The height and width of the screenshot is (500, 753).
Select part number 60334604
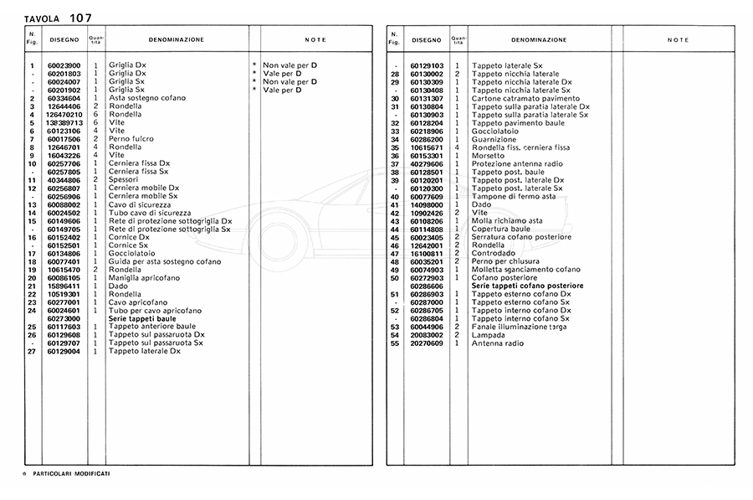click(x=64, y=99)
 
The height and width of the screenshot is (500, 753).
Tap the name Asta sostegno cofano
click(x=145, y=99)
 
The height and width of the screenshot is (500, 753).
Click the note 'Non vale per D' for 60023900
click(x=289, y=64)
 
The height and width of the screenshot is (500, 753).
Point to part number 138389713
click(x=64, y=122)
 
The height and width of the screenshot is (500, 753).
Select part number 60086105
click(x=64, y=277)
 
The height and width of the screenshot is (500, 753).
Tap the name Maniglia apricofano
click(x=145, y=277)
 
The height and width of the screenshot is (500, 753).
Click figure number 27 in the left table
click(x=32, y=351)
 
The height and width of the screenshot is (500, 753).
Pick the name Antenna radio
click(x=499, y=343)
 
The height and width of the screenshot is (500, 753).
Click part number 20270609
click(x=427, y=343)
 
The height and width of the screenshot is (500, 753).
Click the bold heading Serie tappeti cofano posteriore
click(x=527, y=286)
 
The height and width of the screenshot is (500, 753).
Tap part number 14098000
click(x=427, y=204)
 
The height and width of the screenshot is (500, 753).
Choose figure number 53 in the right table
click(x=395, y=327)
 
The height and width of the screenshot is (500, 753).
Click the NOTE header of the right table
click(x=678, y=39)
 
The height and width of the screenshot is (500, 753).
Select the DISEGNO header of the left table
click(x=64, y=39)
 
